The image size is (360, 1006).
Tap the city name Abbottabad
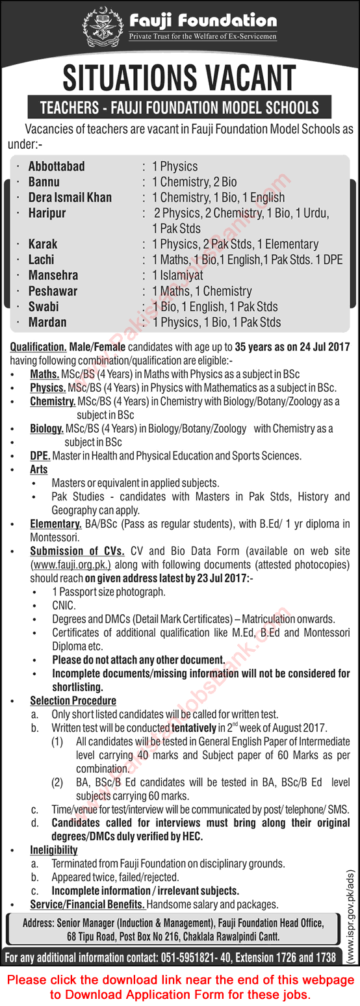click(x=57, y=166)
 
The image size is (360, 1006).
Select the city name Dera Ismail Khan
click(x=70, y=198)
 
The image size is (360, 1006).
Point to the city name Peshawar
click(x=53, y=291)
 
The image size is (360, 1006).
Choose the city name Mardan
click(x=47, y=322)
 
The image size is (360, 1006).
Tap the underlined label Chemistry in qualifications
click(x=53, y=402)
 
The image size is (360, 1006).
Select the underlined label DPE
click(x=40, y=456)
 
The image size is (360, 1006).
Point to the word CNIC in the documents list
click(x=64, y=605)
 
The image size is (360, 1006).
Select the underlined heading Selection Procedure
click(x=73, y=701)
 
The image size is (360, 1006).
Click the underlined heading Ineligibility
click(x=53, y=849)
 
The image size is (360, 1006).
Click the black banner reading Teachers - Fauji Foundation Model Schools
click(x=179, y=107)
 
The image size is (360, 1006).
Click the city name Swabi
click(x=44, y=307)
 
